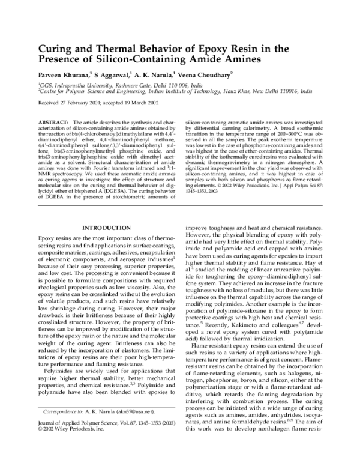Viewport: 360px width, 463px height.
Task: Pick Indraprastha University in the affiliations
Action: click(79, 86)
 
